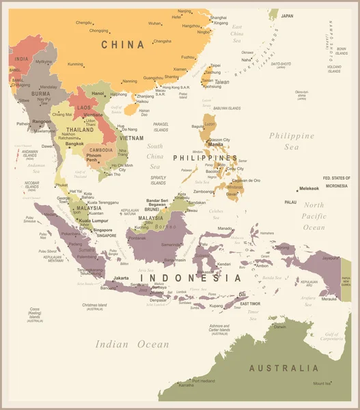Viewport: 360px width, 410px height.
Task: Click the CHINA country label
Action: coord(123,44)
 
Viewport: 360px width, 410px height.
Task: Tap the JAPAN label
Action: coord(287,16)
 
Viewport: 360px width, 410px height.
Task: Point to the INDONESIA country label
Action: coord(197,278)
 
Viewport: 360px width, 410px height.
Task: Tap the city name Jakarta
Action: coord(122,278)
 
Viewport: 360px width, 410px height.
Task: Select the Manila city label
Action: coord(215,145)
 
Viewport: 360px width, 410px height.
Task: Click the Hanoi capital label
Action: coord(98,93)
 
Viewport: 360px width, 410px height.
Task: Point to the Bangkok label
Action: coord(74,143)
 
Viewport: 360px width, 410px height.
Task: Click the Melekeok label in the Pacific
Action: coord(309,189)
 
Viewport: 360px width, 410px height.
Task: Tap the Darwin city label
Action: coord(280,327)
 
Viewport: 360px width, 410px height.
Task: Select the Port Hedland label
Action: coord(204,380)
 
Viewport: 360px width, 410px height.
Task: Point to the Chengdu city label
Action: coord(84,23)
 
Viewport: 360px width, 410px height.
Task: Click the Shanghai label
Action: coord(218,17)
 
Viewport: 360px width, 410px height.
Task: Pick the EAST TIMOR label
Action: coord(249,303)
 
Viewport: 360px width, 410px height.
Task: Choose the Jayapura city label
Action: coord(331,258)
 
